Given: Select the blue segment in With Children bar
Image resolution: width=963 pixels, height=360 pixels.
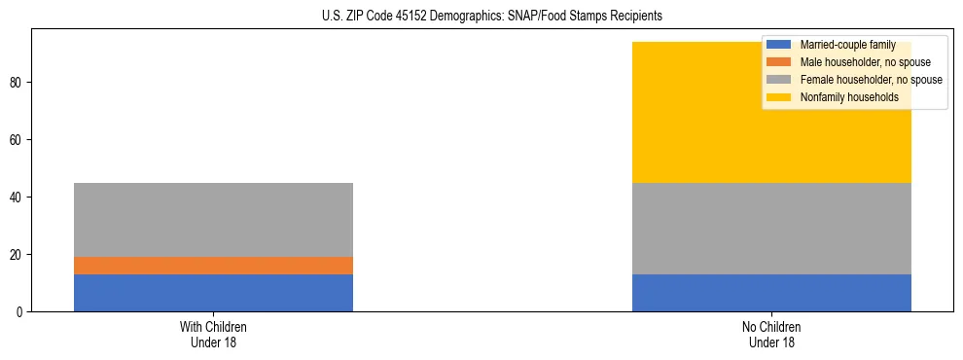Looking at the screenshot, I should (x=213, y=293).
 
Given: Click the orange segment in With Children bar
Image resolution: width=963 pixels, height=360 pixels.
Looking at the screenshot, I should (x=213, y=266).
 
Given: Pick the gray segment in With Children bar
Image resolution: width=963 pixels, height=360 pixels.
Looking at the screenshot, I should (x=213, y=220).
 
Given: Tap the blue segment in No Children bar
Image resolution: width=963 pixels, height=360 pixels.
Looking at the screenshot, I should (x=771, y=293).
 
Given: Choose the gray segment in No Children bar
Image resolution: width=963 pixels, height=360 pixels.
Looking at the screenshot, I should (x=771, y=229).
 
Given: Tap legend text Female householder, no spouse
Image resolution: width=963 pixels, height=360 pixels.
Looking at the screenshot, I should (x=871, y=80).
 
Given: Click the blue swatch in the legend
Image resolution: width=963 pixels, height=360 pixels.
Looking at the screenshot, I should (x=779, y=45).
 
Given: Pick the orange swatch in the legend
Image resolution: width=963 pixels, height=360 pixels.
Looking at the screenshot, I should (x=779, y=62).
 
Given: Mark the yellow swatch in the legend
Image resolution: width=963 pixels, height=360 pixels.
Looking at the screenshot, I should (x=779, y=97).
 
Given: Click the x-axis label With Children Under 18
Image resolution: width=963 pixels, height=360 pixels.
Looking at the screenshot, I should (x=213, y=335).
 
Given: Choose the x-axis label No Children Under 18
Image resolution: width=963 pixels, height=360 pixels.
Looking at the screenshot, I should (x=771, y=335).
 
